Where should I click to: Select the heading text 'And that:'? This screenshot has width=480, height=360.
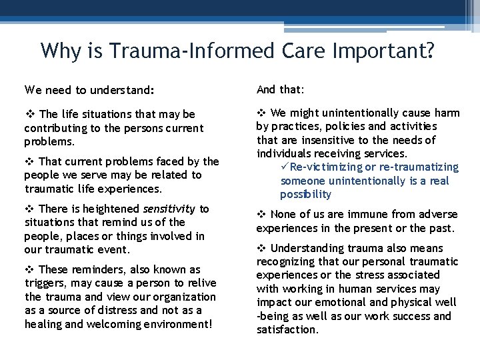point(281,89)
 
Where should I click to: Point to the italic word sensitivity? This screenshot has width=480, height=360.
point(169,209)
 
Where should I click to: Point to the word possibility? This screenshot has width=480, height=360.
point(305,195)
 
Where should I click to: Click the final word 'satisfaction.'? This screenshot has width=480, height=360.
point(287,329)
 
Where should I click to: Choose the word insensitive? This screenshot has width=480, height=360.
point(325,140)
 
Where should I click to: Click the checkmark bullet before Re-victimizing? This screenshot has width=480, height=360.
point(285,167)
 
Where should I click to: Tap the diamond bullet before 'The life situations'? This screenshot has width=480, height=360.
point(29,114)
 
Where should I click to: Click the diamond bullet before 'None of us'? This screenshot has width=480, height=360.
point(261,215)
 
